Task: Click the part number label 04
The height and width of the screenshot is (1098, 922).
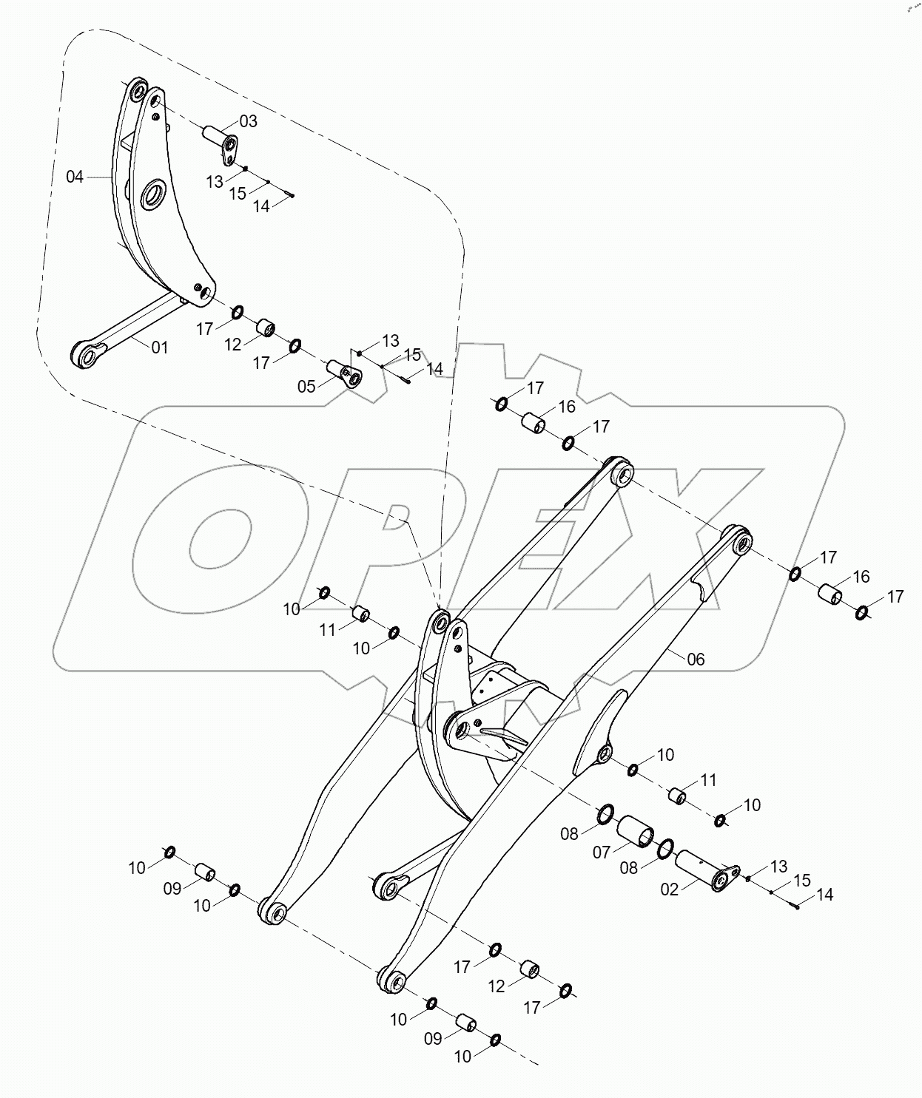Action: click(x=75, y=177)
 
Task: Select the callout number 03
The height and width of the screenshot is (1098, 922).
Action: click(x=248, y=121)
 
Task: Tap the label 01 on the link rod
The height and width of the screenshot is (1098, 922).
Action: click(x=160, y=347)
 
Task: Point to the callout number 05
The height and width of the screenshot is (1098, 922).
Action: click(x=306, y=386)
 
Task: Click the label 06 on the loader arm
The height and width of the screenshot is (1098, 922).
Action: click(x=696, y=659)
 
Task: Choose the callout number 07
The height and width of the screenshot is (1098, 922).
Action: click(x=602, y=853)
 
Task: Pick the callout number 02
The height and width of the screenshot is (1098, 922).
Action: click(x=669, y=889)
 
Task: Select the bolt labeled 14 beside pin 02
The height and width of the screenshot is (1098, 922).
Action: click(x=797, y=906)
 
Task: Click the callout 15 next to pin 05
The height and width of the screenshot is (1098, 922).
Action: click(x=412, y=354)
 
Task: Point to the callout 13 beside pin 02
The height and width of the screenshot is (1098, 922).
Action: click(x=778, y=866)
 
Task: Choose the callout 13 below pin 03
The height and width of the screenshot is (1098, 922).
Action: click(x=215, y=182)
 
